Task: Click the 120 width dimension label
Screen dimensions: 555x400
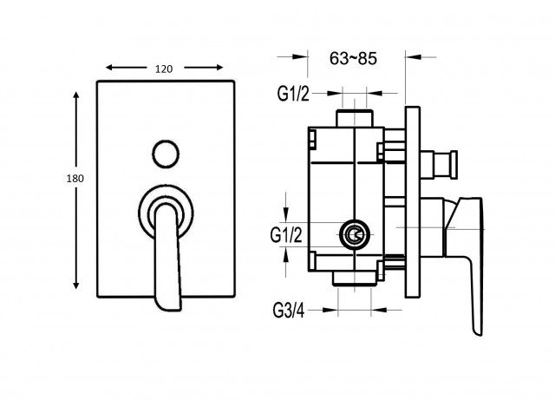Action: (164, 69)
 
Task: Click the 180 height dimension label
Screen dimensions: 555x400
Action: (75, 179)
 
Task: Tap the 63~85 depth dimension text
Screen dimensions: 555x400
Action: (353, 58)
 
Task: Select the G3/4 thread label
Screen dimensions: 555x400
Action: (289, 311)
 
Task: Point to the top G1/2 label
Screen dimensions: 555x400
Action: (293, 94)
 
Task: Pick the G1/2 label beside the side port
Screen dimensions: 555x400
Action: (286, 235)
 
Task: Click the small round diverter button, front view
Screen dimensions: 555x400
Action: (166, 154)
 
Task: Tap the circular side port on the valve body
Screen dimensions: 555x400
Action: (355, 234)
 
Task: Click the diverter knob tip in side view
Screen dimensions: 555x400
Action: (453, 164)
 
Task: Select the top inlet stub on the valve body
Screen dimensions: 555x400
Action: (355, 118)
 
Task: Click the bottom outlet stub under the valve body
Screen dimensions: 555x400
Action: (355, 278)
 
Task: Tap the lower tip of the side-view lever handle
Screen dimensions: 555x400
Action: (478, 332)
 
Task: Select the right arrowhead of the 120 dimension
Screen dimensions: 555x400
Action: (219, 68)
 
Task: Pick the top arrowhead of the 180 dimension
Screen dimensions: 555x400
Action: (75, 95)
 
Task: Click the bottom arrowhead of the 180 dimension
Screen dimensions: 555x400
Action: (75, 285)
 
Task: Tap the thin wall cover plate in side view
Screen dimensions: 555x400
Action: (413, 202)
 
